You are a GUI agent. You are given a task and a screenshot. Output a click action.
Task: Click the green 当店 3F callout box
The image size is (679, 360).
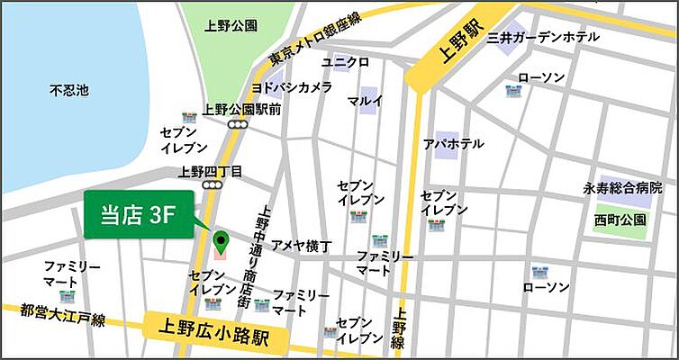139,215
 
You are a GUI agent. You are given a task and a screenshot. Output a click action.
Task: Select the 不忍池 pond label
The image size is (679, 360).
68,90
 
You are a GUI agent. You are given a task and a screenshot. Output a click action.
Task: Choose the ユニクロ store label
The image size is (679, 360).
346,62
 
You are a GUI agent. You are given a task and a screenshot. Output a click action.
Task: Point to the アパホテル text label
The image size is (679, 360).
453,144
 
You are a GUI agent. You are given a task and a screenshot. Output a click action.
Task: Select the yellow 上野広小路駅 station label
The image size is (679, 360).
214,329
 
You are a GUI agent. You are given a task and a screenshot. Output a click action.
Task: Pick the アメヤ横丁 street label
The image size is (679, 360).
302,245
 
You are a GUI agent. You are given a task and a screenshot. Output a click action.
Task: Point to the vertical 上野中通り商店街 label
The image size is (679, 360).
264,245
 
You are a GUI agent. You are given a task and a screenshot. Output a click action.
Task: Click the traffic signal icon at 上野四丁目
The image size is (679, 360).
213,185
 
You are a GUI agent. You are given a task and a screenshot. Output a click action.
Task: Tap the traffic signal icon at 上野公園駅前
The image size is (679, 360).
239,124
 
